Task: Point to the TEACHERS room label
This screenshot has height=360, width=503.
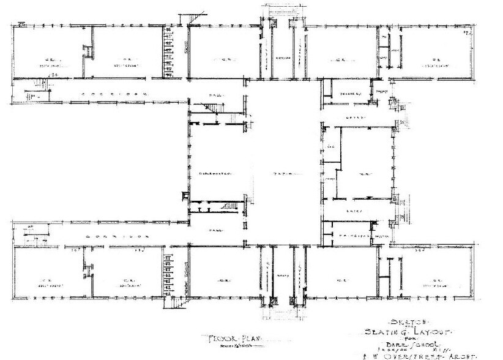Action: [x=350, y=94]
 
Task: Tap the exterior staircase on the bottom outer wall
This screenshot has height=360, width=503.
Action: [x=176, y=301]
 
